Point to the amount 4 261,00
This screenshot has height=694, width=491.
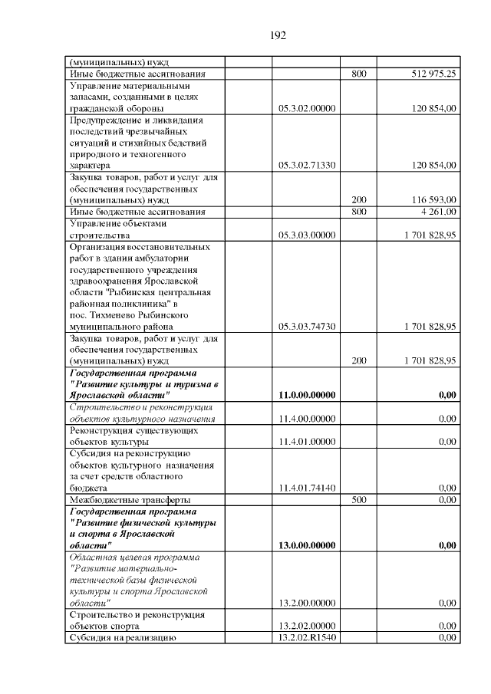439,211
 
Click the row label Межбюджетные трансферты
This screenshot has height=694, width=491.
120,499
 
